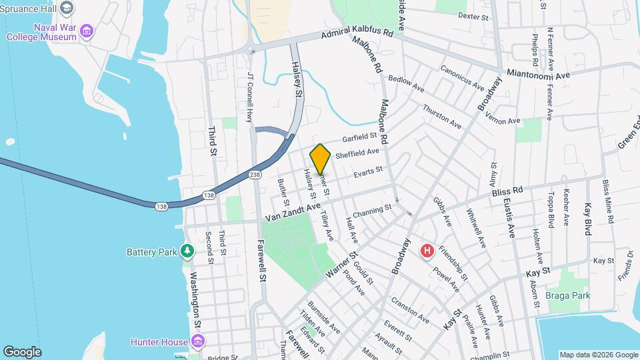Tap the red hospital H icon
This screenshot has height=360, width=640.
coord(427,251)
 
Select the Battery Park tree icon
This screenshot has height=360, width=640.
coord(188,251)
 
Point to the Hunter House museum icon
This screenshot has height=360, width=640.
coord(197,342)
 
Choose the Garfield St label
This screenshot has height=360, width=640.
coord(360,138)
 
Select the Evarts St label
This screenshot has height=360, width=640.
coord(368,171)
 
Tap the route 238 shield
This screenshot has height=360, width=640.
coord(255,175)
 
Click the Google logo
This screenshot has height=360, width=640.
coord(22,351)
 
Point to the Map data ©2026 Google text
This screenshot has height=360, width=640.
coord(598,355)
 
